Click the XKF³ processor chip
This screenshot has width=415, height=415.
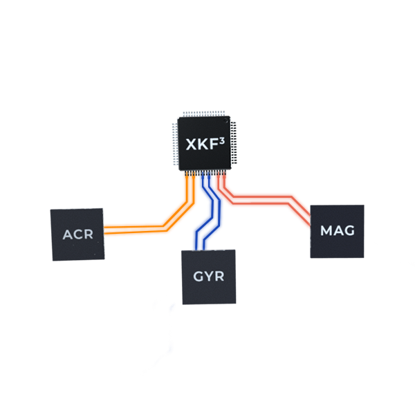[x=205, y=144]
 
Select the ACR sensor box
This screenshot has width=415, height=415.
[x=78, y=234]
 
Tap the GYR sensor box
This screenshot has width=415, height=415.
[x=208, y=277]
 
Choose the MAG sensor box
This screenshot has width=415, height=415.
[x=336, y=230]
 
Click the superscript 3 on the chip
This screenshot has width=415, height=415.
[x=222, y=139]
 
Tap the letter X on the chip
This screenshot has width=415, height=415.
[x=192, y=145]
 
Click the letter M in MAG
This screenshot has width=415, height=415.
[x=326, y=230]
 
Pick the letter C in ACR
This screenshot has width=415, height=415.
[x=78, y=234]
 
